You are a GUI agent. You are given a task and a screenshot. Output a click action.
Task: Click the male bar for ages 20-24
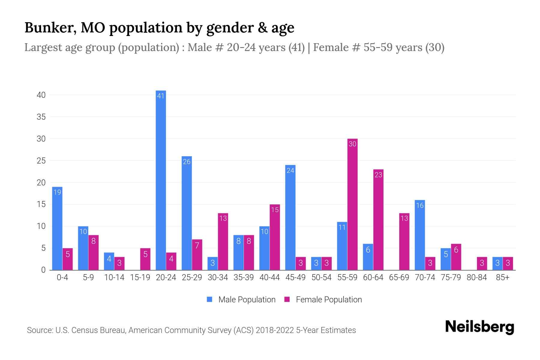(x=161, y=180)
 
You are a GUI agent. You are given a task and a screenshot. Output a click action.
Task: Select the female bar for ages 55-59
(x=352, y=204)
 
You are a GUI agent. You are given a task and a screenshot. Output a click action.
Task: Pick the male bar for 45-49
(x=290, y=217)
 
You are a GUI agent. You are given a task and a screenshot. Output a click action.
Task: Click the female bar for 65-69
(x=404, y=241)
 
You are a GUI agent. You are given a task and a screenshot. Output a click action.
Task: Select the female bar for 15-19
(x=145, y=259)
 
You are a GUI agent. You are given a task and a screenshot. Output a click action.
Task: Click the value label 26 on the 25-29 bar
(x=187, y=162)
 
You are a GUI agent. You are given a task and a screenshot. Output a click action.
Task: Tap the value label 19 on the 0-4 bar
(x=57, y=192)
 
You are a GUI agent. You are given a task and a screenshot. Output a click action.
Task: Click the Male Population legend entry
(x=241, y=300)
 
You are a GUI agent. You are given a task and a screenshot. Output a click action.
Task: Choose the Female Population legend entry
(x=323, y=300)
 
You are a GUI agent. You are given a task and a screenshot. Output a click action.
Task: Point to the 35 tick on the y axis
(x=41, y=117)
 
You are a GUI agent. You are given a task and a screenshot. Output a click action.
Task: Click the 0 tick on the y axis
(x=43, y=270)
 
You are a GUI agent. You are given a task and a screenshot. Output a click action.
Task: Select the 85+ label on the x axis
(x=502, y=277)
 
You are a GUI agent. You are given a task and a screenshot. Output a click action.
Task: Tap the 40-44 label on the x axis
(x=269, y=277)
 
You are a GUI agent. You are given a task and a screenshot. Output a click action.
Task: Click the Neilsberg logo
(x=479, y=327)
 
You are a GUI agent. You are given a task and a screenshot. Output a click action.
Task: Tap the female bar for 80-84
(x=482, y=263)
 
